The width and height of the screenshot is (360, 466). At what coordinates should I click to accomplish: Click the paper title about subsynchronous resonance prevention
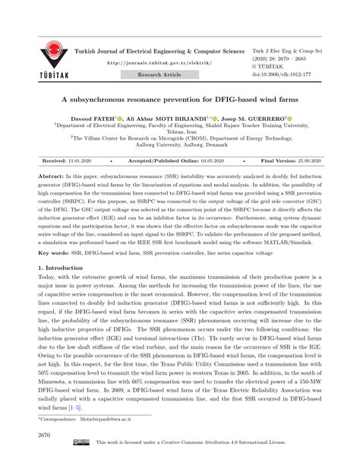[x=180, y=99]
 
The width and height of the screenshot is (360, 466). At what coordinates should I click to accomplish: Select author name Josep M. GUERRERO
[x=254, y=119]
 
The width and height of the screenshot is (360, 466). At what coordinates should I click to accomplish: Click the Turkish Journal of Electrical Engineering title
[x=164, y=51]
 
